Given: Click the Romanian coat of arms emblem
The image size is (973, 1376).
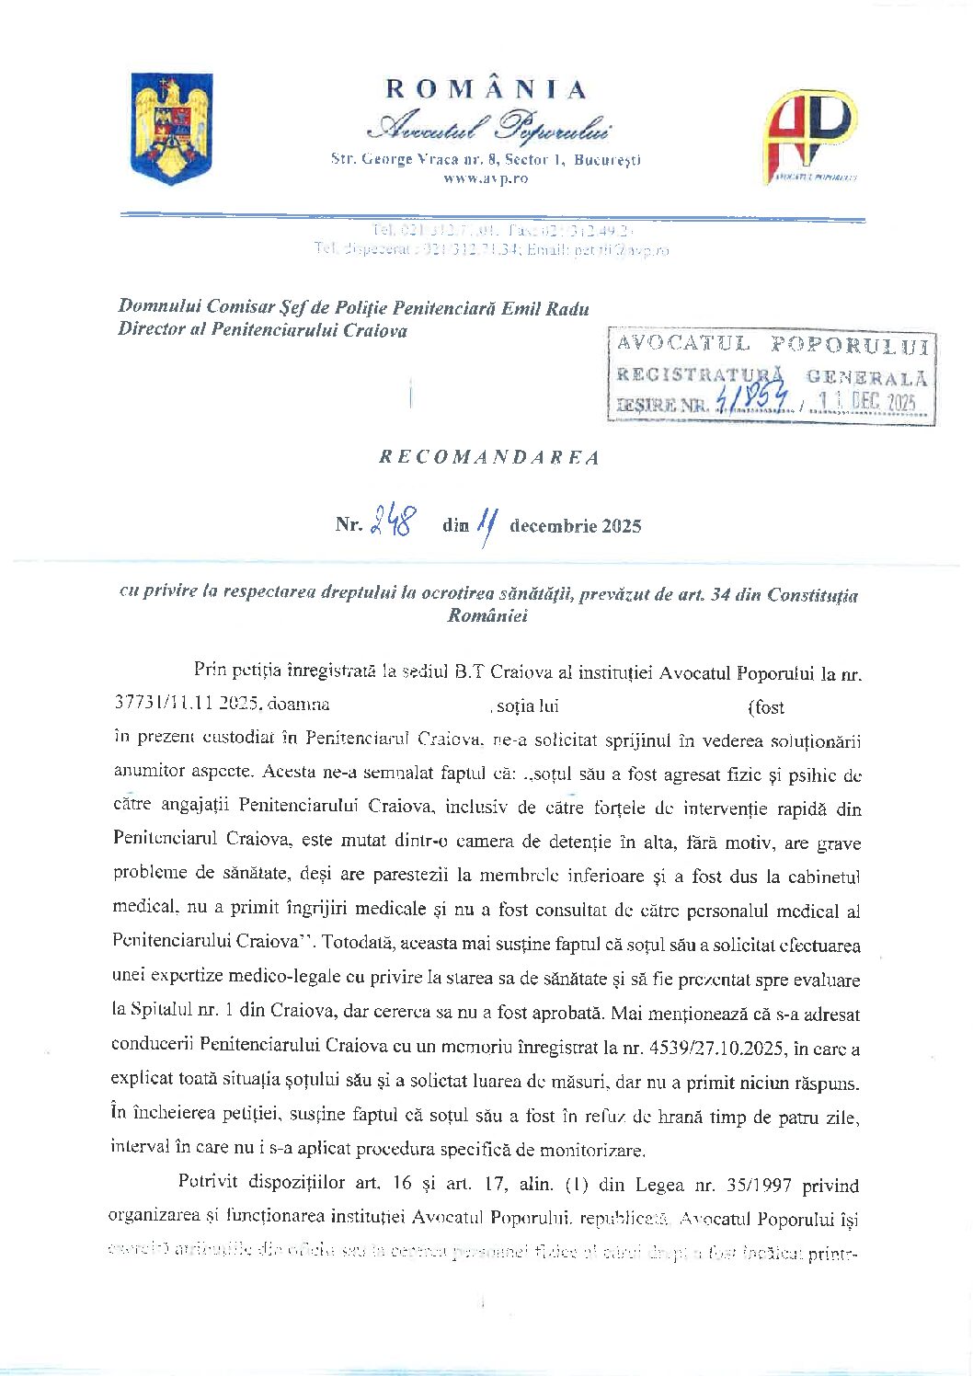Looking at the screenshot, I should point(173,129).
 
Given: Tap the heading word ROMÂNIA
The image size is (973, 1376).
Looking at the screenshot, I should point(486,89).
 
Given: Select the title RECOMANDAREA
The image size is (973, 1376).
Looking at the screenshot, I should point(489,457).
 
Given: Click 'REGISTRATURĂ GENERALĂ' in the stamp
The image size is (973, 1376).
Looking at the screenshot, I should point(772,375).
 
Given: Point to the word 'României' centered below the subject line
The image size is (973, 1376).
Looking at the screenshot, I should point(486,616).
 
